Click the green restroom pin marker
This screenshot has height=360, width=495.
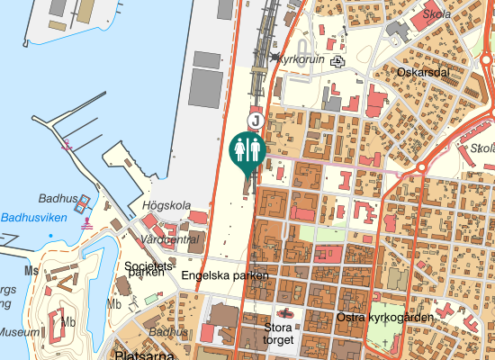pyautogui.click(x=247, y=149)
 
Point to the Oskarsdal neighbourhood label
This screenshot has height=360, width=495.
pyautogui.click(x=422, y=72)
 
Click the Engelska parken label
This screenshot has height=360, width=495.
pyautogui.click(x=225, y=275)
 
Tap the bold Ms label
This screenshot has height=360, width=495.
pyautogui.click(x=32, y=269)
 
